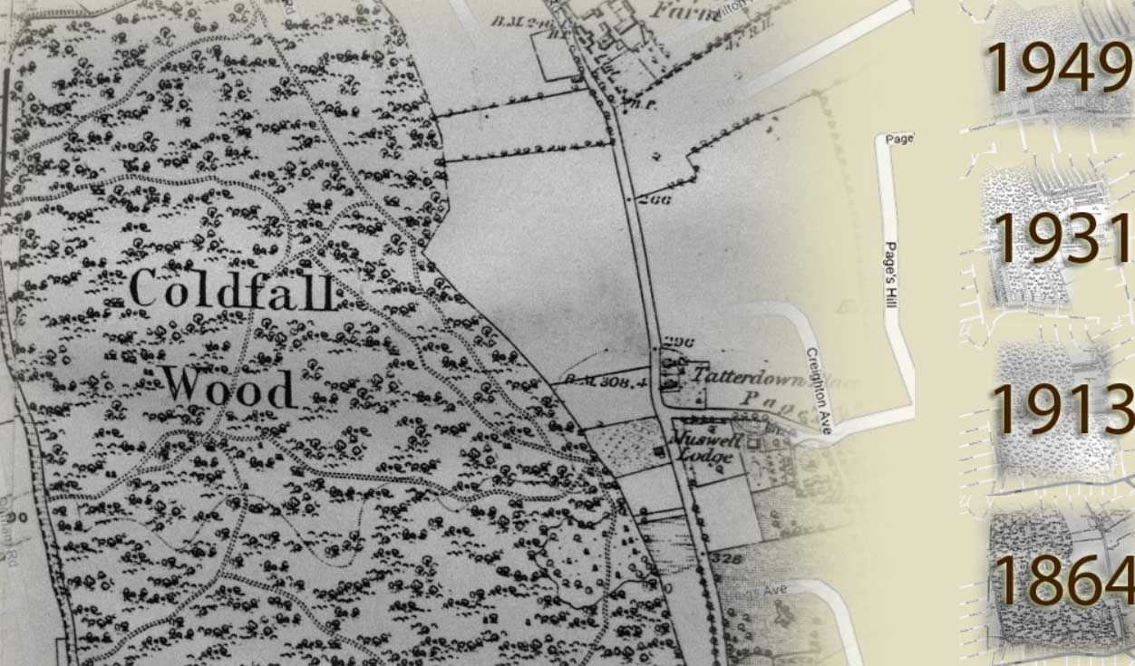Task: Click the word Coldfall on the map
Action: (x=233, y=290)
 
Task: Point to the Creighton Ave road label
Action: (x=820, y=390)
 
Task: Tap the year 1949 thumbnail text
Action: (x=1057, y=68)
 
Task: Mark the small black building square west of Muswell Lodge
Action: (x=660, y=450)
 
